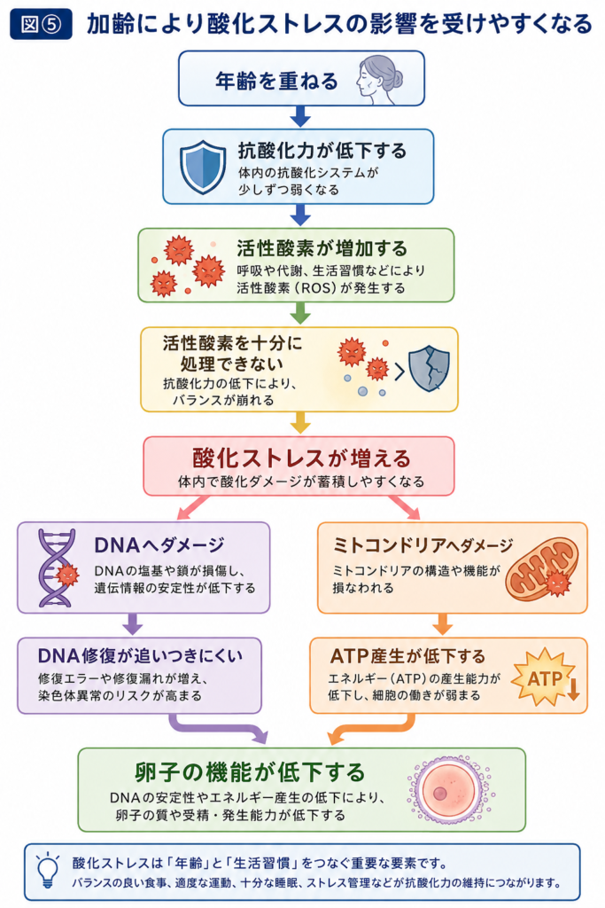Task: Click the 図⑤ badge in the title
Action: point(41,24)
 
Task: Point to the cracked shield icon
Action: point(429,368)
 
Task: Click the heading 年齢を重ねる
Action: point(276,81)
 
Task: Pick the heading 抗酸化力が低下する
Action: point(322,151)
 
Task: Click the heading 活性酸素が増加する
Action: point(322,248)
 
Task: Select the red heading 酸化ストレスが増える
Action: point(301,458)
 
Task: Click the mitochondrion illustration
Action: point(542,568)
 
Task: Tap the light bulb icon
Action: point(48,871)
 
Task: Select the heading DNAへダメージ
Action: point(159,545)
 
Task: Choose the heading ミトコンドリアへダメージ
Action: point(423,545)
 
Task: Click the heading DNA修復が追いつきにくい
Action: point(140,655)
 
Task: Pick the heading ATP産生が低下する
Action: point(407,656)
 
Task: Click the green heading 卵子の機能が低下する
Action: point(250,772)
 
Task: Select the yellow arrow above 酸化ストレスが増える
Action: point(299,422)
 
